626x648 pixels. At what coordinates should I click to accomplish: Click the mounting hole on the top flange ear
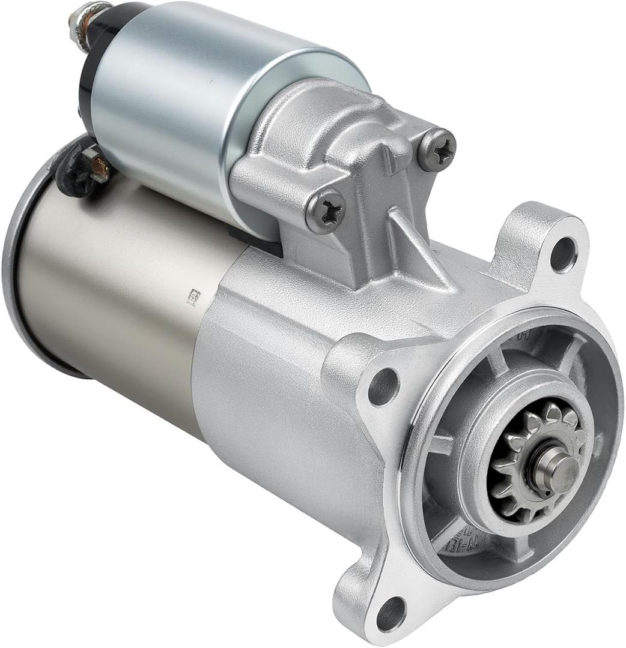tap(563, 254)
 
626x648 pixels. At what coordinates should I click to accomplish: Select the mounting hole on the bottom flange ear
tap(391, 613)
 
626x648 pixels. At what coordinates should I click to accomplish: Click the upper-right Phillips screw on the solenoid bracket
tap(437, 150)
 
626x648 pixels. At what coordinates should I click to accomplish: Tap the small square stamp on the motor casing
tap(193, 297)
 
